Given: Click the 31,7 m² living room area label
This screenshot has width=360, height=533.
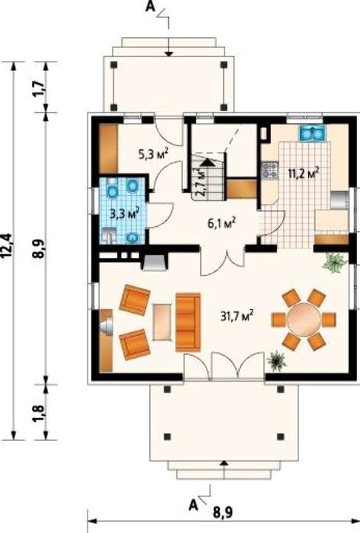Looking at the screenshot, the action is tap(237, 316).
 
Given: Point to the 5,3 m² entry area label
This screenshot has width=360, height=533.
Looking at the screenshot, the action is tap(154, 154).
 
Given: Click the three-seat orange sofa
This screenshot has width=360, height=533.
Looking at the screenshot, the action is tap(188, 322).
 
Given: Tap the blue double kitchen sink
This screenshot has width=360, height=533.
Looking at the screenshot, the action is tap(312, 133).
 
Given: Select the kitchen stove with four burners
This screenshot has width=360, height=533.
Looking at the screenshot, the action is tap(269, 170).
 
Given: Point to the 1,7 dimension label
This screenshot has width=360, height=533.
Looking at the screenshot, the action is tap(40, 89).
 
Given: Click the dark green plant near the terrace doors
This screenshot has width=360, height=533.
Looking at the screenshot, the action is tap(277, 361).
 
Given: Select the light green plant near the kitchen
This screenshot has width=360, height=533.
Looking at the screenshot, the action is tap(335, 263).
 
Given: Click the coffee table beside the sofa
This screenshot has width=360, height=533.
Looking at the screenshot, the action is tap(162, 321).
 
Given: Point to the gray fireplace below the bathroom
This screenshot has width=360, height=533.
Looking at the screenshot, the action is tap(155, 262).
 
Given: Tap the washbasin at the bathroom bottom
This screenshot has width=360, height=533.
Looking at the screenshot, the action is tap(133, 238).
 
